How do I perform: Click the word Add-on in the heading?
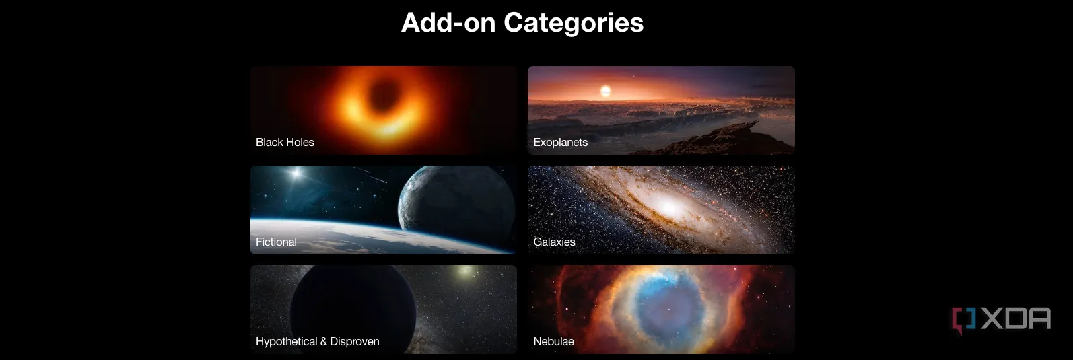(x=448, y=22)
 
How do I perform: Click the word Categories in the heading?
(x=574, y=23)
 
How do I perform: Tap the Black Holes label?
(x=285, y=142)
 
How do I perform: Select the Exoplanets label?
(x=561, y=142)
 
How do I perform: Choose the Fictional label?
(x=276, y=242)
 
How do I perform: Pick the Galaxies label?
(x=554, y=242)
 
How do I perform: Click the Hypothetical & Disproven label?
(x=318, y=341)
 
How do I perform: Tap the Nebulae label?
(x=554, y=341)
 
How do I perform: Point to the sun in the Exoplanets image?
(x=605, y=90)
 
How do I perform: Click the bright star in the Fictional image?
(x=296, y=173)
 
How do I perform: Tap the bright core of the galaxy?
(x=668, y=207)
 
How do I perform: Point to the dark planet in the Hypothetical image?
(x=353, y=306)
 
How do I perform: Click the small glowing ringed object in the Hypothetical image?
(x=464, y=271)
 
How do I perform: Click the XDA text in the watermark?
(x=1016, y=320)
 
